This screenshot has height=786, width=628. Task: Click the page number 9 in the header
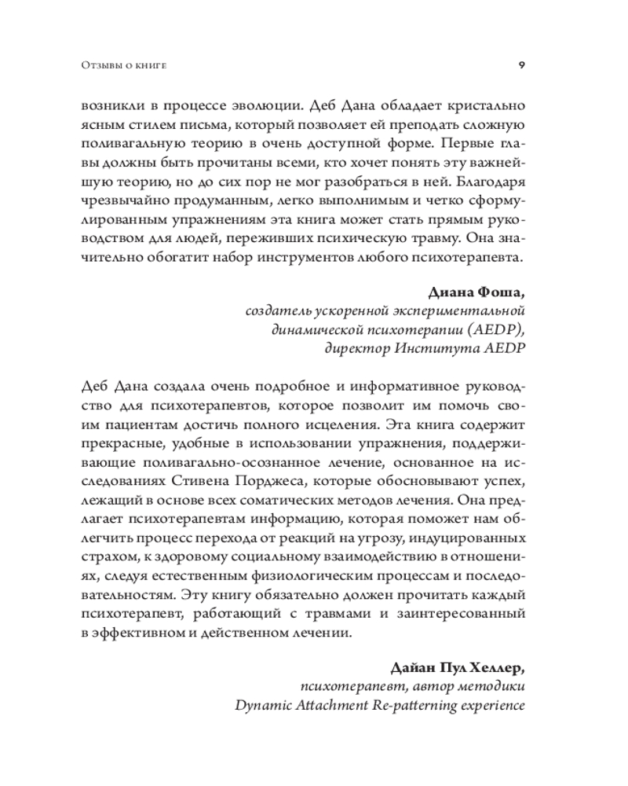point(522,64)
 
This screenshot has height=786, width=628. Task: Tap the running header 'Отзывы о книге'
point(128,64)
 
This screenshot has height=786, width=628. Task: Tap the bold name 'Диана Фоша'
point(476,294)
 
